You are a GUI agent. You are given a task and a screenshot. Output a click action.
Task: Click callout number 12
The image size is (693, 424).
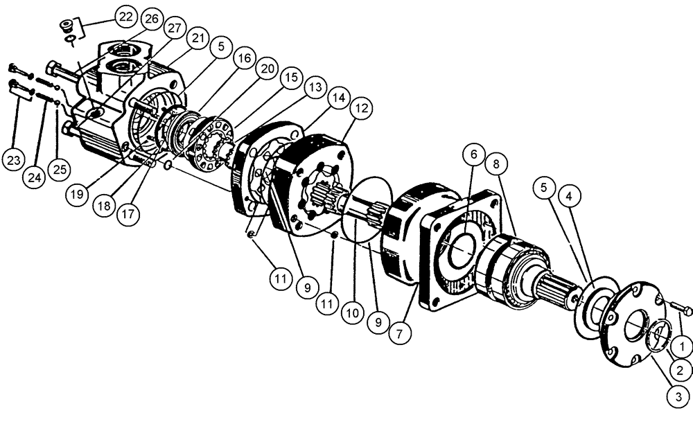[362, 109]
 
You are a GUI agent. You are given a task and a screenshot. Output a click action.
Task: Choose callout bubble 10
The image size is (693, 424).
[353, 313]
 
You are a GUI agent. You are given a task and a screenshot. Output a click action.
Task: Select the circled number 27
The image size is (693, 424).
[173, 28]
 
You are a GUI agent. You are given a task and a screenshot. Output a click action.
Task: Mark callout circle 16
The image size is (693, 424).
[243, 60]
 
